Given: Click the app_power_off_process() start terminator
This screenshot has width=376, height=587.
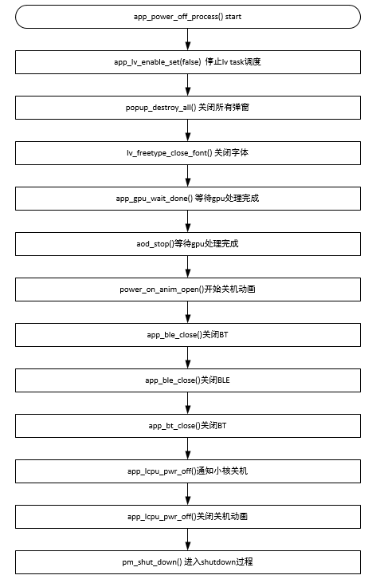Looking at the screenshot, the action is (188, 17).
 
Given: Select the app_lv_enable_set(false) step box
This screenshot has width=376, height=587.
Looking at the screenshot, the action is (188, 62).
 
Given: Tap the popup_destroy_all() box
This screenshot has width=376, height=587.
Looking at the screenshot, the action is (188, 108).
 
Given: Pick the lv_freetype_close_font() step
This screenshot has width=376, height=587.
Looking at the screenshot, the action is (188, 153).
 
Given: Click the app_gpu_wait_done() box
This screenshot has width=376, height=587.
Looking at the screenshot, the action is (188, 199).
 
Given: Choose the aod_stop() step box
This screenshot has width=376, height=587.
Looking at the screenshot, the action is (188, 244).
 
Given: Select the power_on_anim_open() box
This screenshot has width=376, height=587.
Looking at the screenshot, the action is (188, 290).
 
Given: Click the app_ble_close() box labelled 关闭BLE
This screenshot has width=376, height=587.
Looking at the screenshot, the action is (188, 380).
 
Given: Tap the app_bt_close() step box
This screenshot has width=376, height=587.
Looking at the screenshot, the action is (188, 426).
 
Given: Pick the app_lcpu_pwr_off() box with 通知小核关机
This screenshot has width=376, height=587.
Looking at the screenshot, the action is (188, 471).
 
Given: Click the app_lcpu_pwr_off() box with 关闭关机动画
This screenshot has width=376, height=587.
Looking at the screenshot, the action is (188, 517).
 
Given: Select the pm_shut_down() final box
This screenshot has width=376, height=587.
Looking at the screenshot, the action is (188, 562).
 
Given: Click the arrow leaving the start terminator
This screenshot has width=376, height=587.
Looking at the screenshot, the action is (188, 39).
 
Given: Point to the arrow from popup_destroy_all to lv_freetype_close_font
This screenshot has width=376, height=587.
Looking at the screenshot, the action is (188, 130).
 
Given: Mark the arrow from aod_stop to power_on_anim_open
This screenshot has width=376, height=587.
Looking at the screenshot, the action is (188, 267).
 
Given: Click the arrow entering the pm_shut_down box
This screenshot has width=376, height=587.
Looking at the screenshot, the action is (188, 539).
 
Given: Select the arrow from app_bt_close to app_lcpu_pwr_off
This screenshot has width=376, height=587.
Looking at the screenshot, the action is (188, 448).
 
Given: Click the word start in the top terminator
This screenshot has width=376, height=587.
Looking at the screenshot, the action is (233, 17).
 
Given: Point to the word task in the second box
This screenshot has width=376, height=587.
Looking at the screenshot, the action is (237, 62).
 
